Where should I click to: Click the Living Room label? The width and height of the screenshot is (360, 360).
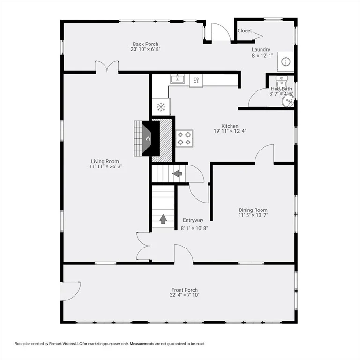(105, 161)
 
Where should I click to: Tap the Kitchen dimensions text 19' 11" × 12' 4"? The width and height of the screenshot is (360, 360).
(230, 131)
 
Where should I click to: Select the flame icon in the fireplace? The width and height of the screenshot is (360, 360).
(148, 139)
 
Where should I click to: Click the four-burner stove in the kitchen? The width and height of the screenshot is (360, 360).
(184, 138)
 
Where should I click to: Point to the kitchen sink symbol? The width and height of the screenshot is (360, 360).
(177, 79)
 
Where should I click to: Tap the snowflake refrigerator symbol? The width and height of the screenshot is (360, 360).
(161, 107)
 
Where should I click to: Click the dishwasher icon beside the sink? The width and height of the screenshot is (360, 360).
(196, 80)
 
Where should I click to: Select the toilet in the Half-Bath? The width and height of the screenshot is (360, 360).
(282, 82)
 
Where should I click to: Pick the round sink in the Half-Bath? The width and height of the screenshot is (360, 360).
(288, 101)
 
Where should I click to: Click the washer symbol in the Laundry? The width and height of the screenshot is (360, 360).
(285, 61)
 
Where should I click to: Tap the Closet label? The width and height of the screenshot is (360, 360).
(245, 30)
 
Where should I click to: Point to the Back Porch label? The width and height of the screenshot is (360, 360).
(146, 44)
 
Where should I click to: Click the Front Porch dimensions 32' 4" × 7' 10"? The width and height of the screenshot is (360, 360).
(185, 295)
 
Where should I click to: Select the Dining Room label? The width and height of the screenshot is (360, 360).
(253, 210)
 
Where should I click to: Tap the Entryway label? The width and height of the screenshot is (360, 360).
(193, 220)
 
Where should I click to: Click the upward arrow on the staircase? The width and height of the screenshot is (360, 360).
(163, 219)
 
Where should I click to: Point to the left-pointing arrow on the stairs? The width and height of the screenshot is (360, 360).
(177, 173)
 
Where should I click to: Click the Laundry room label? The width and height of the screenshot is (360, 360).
(261, 49)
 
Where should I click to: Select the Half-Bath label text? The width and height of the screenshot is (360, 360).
(281, 89)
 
